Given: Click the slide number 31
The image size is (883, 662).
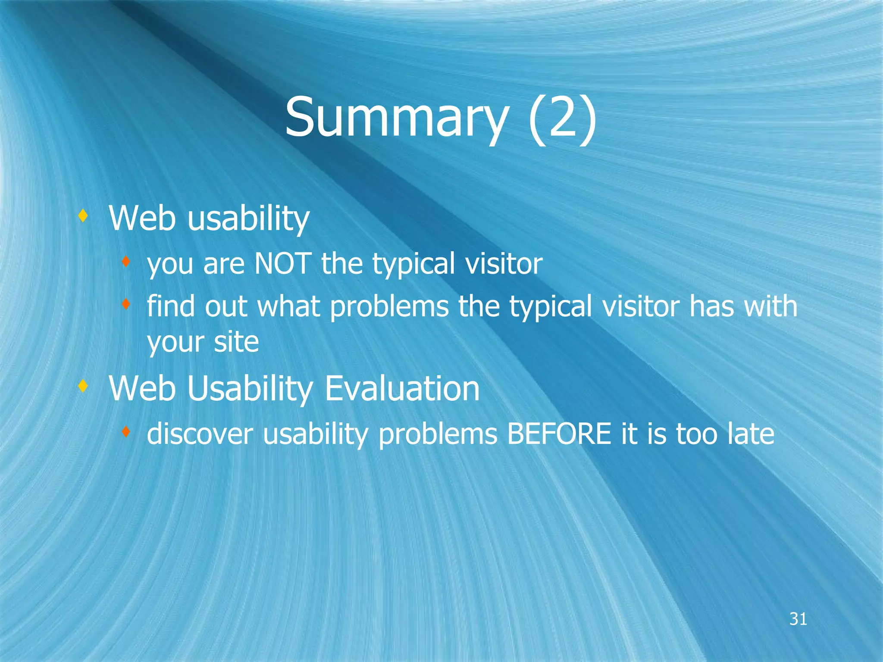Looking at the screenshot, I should pyautogui.click(x=798, y=619).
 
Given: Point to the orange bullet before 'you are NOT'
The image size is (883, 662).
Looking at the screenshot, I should pyautogui.click(x=125, y=261).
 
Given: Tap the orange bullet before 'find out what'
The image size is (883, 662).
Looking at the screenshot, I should pyautogui.click(x=125, y=305).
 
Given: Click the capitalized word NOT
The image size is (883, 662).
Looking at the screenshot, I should pyautogui.click(x=283, y=263).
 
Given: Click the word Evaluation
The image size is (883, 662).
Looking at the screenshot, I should pyautogui.click(x=402, y=388).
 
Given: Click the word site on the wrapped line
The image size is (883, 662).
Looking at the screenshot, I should pyautogui.click(x=236, y=342).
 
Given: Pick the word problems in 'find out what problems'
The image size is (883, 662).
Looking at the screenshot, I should pyautogui.click(x=389, y=306).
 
